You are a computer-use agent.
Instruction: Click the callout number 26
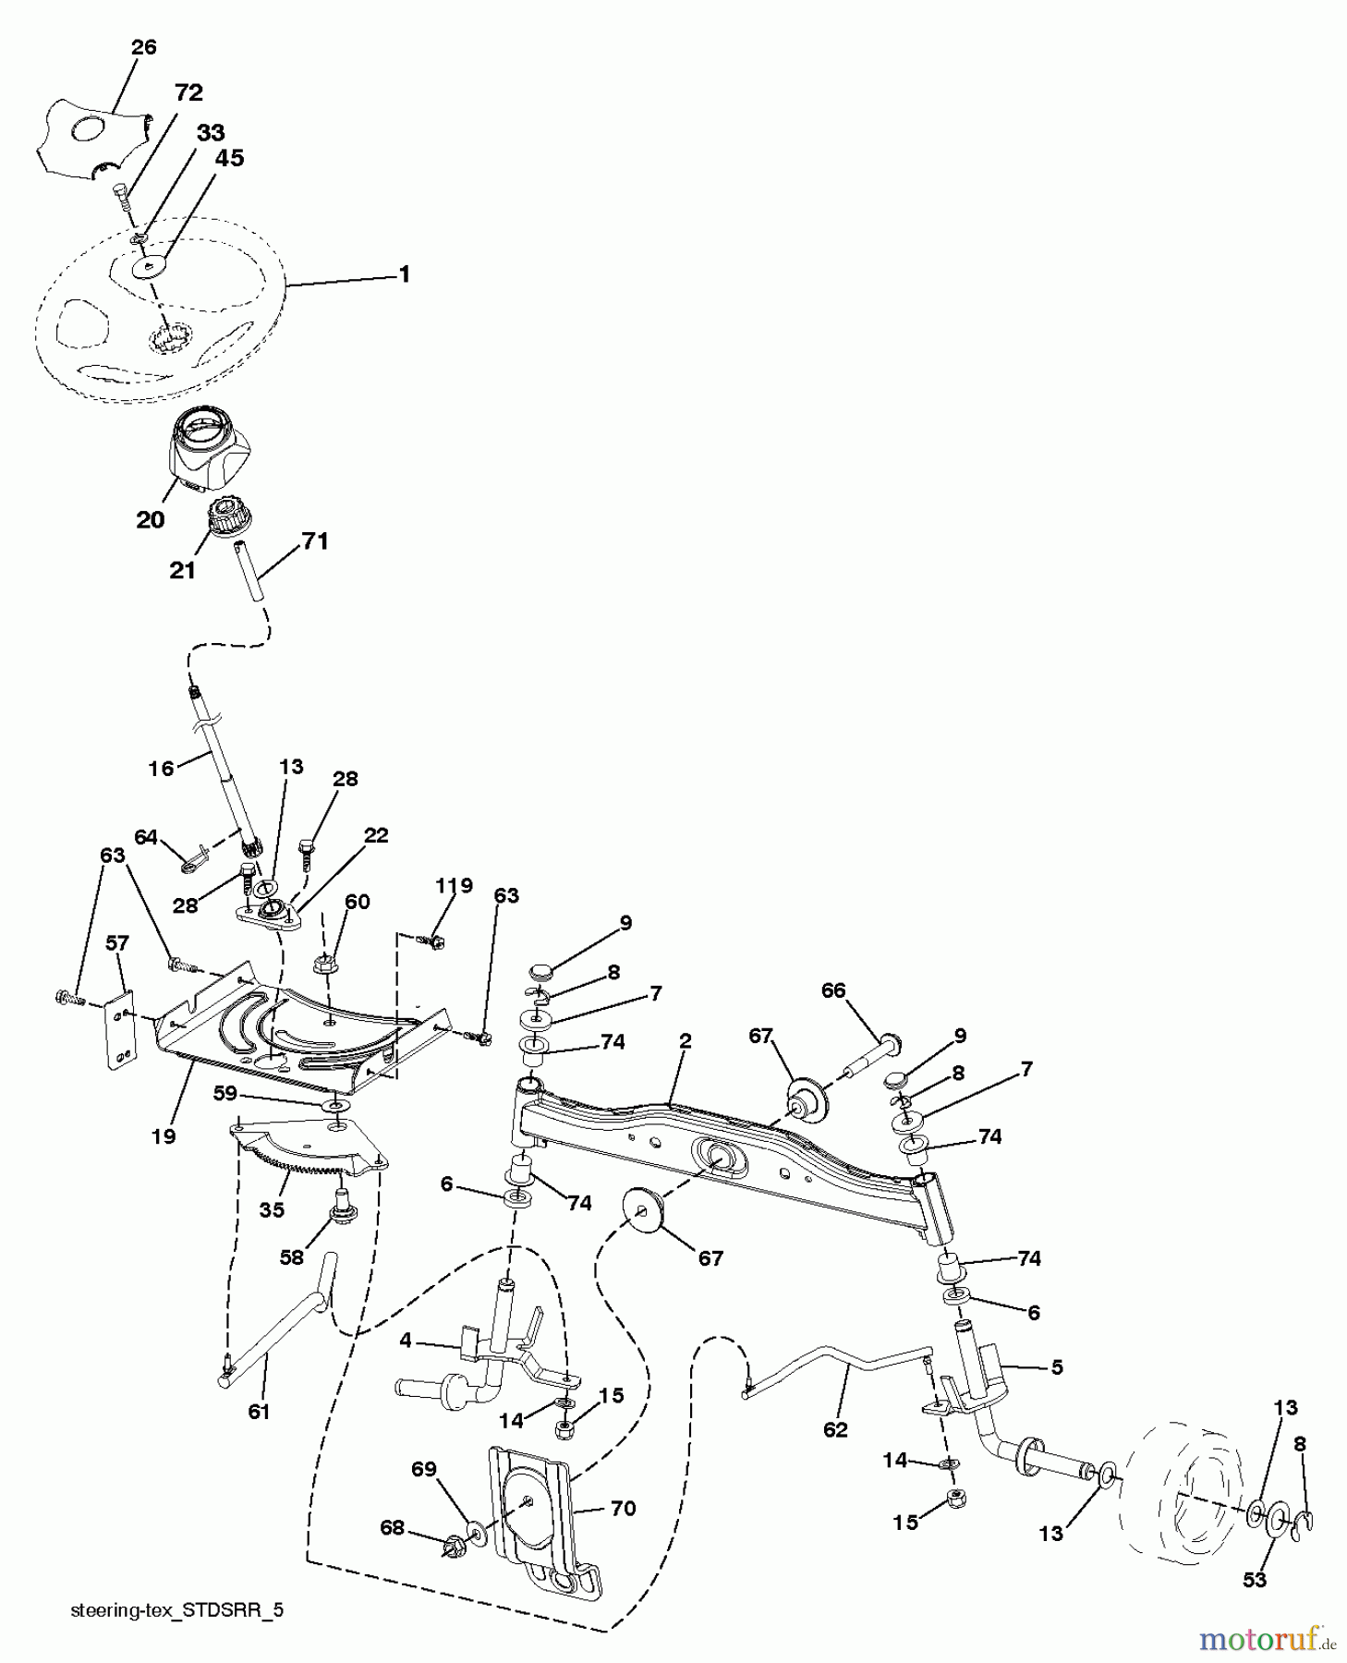coord(144,47)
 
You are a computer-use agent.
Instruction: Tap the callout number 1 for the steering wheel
coord(404,275)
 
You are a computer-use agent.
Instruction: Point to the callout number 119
coord(454,886)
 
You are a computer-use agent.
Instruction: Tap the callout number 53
coord(1254,1581)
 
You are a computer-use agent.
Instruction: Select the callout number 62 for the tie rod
coord(834,1429)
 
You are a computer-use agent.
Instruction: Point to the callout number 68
coord(393,1528)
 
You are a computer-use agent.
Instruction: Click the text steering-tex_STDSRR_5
coord(177,1610)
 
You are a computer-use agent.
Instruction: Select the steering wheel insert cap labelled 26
coord(92,139)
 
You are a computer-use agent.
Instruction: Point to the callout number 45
coord(229,159)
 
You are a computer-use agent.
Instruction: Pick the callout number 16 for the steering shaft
coord(162,768)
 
